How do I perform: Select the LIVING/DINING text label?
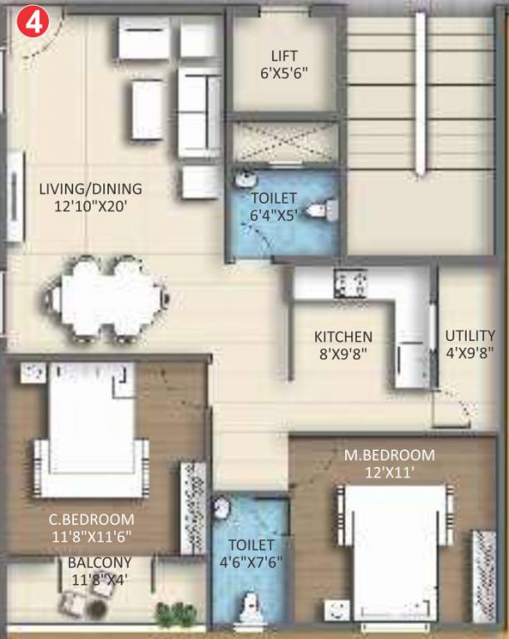click(91, 188)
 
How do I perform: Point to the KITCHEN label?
click(343, 337)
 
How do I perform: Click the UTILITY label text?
click(470, 335)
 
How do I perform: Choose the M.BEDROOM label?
click(389, 455)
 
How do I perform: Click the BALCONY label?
click(99, 562)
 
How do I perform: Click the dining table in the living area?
click(110, 297)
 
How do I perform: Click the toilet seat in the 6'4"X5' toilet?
click(320, 209)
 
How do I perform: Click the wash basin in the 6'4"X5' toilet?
click(245, 180)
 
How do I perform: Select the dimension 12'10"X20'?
click(91, 205)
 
